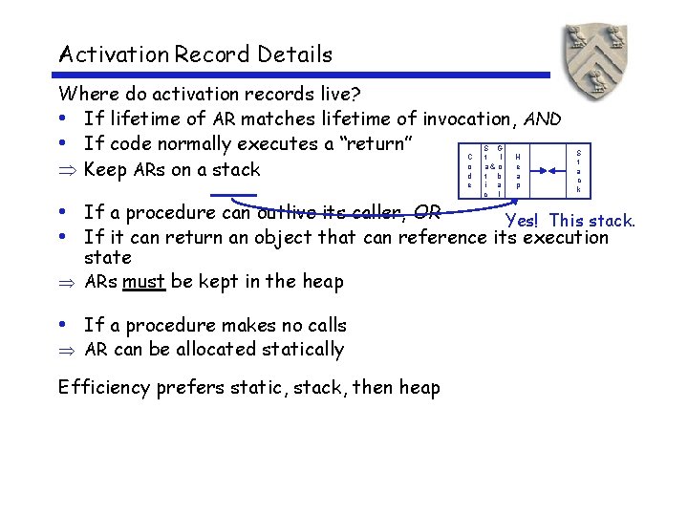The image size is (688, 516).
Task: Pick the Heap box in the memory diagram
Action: [x=518, y=170]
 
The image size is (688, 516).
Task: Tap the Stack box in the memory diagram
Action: [x=577, y=170]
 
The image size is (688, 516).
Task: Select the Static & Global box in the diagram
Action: [x=493, y=170]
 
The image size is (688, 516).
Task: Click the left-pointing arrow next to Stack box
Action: [x=557, y=170]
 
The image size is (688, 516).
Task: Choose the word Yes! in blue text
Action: [x=526, y=221]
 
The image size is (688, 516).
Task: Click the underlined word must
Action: [x=143, y=281]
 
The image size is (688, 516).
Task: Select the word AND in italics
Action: [x=542, y=118]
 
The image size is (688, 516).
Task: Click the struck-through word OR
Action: [x=426, y=211]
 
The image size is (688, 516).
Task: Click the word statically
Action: [x=298, y=350]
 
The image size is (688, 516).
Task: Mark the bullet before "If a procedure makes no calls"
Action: [x=63, y=326]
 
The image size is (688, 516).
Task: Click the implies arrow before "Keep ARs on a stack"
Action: [x=65, y=170]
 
